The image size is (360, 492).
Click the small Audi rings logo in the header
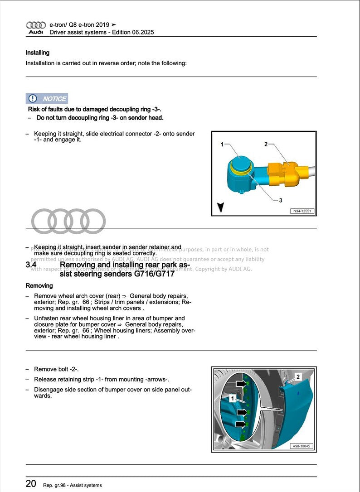(x=36, y=25)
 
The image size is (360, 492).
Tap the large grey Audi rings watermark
(x=70, y=222)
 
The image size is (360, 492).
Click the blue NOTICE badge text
(x=54, y=99)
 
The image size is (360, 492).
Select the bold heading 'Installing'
(x=38, y=53)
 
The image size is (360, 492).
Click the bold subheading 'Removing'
(x=39, y=286)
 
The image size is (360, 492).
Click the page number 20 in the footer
(x=31, y=484)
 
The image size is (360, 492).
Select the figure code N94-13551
(x=302, y=211)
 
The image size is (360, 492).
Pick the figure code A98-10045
(x=302, y=446)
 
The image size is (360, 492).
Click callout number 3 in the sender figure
(x=281, y=200)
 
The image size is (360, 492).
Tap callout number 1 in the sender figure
(x=222, y=145)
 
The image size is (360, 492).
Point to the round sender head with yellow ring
(x=240, y=166)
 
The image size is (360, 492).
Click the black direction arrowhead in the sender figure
(x=221, y=207)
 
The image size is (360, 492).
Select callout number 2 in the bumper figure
(x=298, y=376)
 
